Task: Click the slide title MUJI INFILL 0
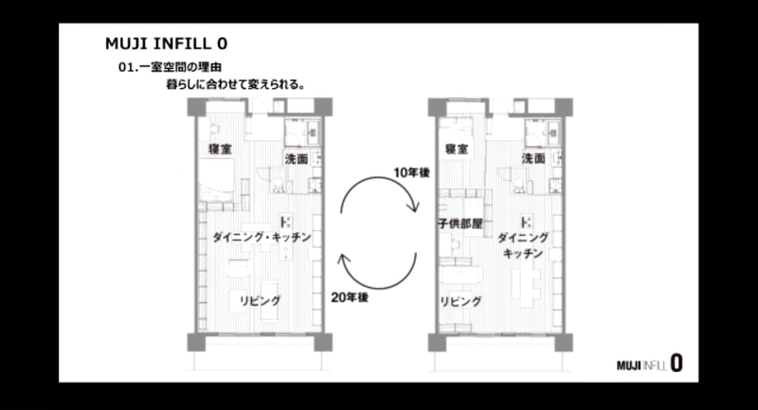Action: [167, 44]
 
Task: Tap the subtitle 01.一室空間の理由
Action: [171, 67]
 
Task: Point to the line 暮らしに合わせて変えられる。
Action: [236, 84]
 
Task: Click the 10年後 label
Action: [411, 172]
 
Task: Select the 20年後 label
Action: [350, 297]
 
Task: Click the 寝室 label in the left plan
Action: [220, 150]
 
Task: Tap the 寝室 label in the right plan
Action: [457, 150]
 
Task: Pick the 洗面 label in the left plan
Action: [297, 158]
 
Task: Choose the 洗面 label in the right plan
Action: [533, 158]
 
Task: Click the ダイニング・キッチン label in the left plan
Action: [262, 237]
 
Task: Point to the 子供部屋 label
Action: [460, 223]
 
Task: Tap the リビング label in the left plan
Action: [260, 301]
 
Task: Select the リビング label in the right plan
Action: [460, 302]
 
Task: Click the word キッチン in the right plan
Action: [523, 254]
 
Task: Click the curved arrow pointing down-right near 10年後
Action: [377, 178]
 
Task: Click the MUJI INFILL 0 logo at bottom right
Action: [650, 364]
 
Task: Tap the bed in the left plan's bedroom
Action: [217, 180]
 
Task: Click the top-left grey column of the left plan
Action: [197, 107]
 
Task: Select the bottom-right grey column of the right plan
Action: [564, 343]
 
